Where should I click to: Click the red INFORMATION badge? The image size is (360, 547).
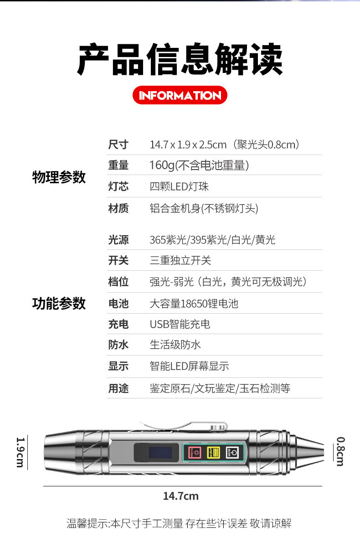(180, 95)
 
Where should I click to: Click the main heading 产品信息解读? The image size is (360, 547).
(180, 60)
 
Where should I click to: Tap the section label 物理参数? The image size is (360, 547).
(59, 177)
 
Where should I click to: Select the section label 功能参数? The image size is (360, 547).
(59, 303)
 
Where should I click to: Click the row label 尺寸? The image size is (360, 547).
(118, 144)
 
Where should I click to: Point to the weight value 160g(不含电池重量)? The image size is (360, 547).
(199, 165)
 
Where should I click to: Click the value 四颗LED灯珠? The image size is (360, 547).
(179, 186)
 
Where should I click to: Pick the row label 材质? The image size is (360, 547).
(118, 208)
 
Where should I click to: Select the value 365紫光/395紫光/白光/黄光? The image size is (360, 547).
(212, 240)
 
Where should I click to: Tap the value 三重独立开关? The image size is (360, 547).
(180, 260)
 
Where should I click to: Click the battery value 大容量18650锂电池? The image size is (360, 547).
(194, 303)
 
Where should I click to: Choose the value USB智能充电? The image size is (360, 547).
(180, 324)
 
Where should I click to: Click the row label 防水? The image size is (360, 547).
(118, 345)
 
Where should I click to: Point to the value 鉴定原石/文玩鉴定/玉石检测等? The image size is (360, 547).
(220, 388)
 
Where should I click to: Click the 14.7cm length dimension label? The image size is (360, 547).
(180, 495)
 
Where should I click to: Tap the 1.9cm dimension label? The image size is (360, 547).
(21, 452)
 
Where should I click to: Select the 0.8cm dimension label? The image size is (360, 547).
(340, 451)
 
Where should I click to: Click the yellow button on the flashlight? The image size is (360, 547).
(213, 453)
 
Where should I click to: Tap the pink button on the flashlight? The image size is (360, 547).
(195, 453)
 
